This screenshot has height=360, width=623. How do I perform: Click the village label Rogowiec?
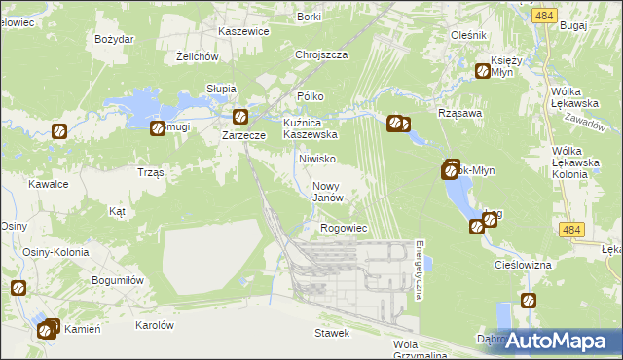point(343,228)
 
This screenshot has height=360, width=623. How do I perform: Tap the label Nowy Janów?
point(328,192)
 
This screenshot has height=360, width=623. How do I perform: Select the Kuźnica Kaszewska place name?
point(310,129)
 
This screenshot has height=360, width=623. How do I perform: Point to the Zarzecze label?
point(244,136)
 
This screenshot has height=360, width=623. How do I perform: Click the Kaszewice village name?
point(243,31)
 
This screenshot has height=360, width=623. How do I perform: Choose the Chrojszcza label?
point(321,55)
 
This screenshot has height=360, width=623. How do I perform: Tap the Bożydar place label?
point(114,39)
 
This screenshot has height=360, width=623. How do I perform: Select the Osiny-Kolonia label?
point(55,252)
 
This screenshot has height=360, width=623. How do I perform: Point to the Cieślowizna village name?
point(523,265)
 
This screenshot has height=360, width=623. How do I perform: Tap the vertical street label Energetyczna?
point(419,270)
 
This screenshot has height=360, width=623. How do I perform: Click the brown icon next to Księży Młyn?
point(482,70)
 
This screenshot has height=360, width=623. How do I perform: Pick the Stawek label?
point(331,333)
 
